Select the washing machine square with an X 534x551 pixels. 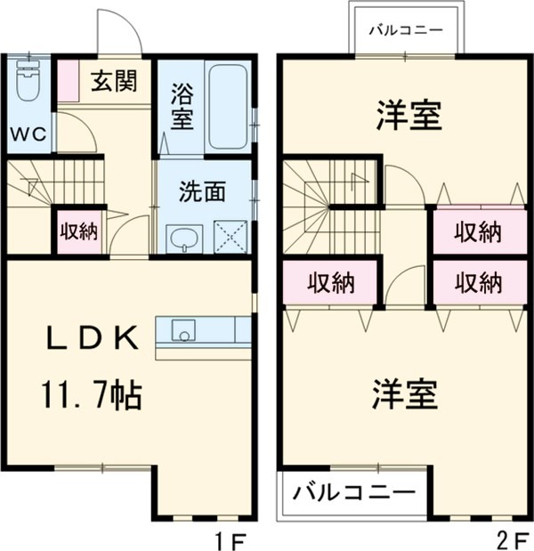pos(231,238)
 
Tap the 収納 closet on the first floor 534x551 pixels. pos(78,231)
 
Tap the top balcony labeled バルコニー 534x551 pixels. pos(406,29)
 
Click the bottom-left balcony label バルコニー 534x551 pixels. pos(353,492)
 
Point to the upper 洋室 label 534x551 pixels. pos(409,117)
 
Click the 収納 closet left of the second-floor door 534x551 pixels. pos(331,283)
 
